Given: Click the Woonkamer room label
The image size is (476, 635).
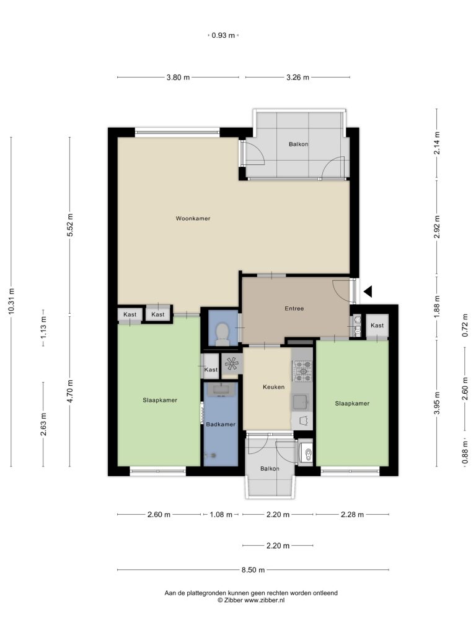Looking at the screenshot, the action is click(x=193, y=219).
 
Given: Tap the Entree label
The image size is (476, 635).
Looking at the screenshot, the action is click(x=294, y=309).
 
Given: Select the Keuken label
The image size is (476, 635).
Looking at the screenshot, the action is click(x=273, y=387).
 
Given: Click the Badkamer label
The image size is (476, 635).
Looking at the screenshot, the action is click(x=221, y=424).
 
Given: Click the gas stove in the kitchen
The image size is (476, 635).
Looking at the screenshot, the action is click(x=302, y=371).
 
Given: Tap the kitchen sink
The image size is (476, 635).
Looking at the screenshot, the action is click(x=301, y=402).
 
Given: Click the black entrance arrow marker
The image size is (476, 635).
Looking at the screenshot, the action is click(x=368, y=291).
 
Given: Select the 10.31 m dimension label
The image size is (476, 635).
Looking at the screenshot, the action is click(x=11, y=301).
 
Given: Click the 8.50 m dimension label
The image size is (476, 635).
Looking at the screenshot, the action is click(x=253, y=570).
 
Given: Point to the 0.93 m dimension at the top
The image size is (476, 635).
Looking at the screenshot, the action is click(x=223, y=35).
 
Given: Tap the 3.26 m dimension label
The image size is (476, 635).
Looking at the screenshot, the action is click(x=297, y=78).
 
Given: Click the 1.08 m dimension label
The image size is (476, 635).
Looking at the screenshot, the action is click(x=221, y=515).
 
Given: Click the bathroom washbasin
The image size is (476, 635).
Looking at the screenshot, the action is click(x=221, y=390).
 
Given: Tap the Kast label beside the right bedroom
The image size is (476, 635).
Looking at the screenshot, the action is click(x=377, y=325).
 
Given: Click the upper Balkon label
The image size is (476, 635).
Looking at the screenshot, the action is click(x=298, y=144).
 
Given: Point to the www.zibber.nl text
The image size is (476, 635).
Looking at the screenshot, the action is click(x=264, y=600).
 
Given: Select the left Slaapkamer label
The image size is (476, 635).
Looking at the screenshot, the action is click(x=160, y=400).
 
